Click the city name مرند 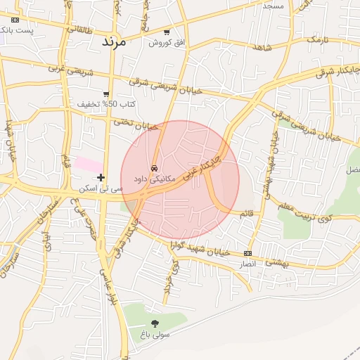point(112,41)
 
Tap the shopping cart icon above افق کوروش point(167,32)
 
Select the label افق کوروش point(167,43)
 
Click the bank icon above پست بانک point(15,20)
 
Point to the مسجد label point(272,6)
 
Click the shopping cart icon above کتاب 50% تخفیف point(106,94)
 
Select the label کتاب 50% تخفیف point(106,104)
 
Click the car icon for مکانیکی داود point(154,167)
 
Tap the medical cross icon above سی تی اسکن point(101,178)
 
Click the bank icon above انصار point(247,253)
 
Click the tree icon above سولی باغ point(155,323)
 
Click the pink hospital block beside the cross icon point(89,164)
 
